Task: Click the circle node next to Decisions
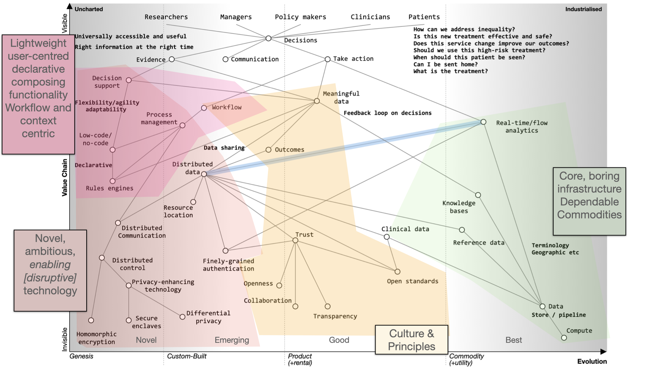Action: (268, 38)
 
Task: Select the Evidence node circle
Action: (172, 59)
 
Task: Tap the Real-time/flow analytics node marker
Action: (483, 122)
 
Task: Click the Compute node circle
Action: (564, 338)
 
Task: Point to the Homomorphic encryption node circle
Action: (91, 320)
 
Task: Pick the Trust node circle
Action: (295, 241)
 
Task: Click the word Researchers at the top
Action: (166, 17)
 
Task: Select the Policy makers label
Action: (300, 17)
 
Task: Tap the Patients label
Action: (424, 17)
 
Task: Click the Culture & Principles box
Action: (412, 340)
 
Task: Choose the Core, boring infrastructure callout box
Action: (589, 201)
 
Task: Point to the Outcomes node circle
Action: (268, 150)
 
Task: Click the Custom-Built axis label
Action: (186, 356)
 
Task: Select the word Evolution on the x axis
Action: (592, 362)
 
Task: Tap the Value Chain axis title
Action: (65, 177)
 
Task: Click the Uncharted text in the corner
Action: (89, 9)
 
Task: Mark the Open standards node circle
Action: (397, 272)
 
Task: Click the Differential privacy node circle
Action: (182, 317)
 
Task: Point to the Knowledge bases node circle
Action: (478, 195)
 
